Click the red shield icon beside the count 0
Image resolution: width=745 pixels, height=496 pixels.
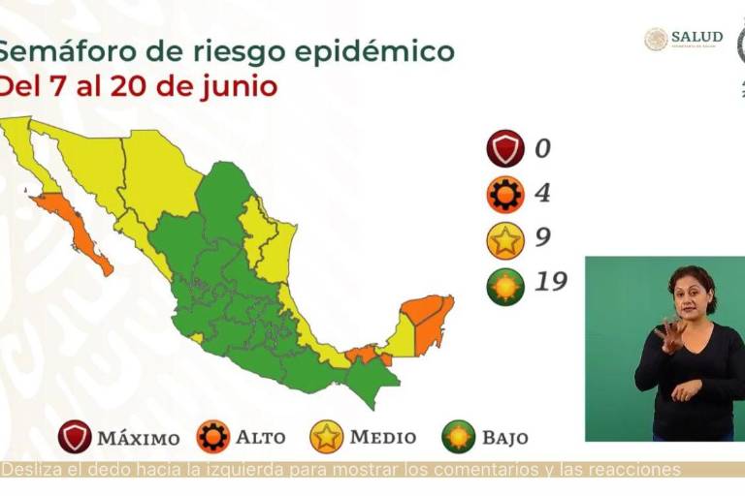pyautogui.click(x=505, y=150)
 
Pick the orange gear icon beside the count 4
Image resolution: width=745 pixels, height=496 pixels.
pyautogui.click(x=505, y=194)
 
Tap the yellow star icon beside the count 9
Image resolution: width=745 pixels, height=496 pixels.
pyautogui.click(x=505, y=239)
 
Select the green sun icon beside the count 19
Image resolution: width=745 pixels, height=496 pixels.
pyautogui.click(x=505, y=285)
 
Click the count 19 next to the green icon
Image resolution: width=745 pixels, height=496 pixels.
pyautogui.click(x=549, y=284)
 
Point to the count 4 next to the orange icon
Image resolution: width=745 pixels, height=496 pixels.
pyautogui.click(x=541, y=194)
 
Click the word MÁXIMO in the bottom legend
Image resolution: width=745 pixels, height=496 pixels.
pyautogui.click(x=138, y=438)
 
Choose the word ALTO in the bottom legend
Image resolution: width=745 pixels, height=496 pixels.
pyautogui.click(x=260, y=438)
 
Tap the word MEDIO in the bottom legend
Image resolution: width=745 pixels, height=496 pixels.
pyautogui.click(x=382, y=438)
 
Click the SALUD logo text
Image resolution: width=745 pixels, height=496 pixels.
pyautogui.click(x=696, y=38)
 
